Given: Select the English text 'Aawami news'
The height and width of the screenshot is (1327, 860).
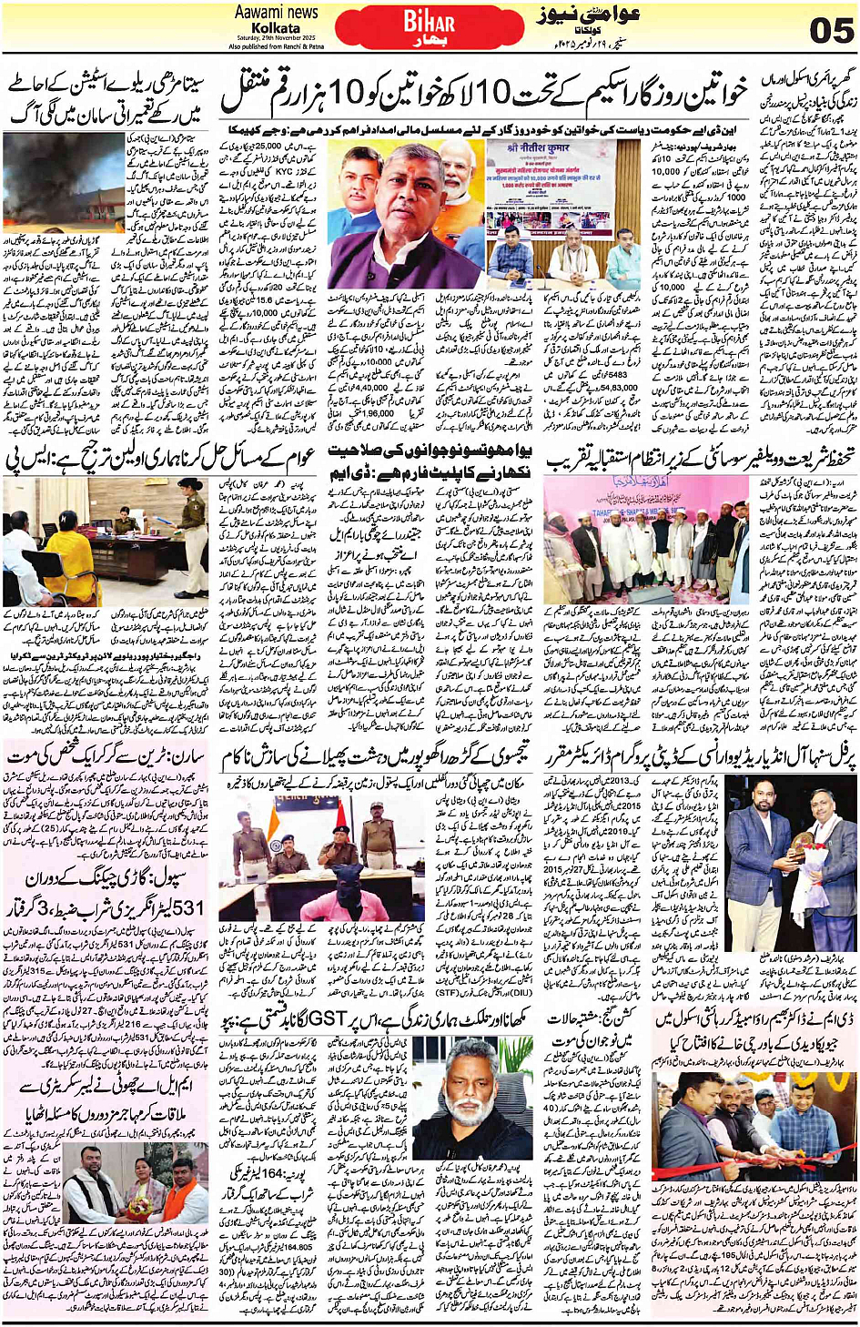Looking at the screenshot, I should pos(277,12).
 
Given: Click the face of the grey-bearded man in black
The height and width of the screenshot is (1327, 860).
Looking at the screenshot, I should pos(450,1096).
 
